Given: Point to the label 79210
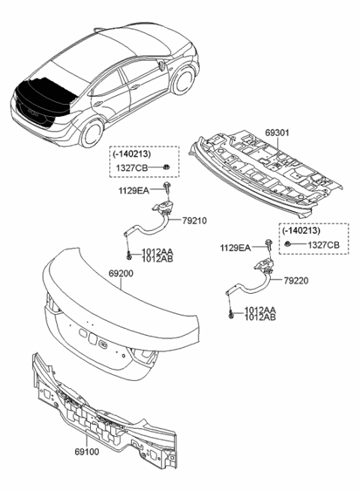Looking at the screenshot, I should tap(193, 220).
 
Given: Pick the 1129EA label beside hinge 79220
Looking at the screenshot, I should tap(235, 247).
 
